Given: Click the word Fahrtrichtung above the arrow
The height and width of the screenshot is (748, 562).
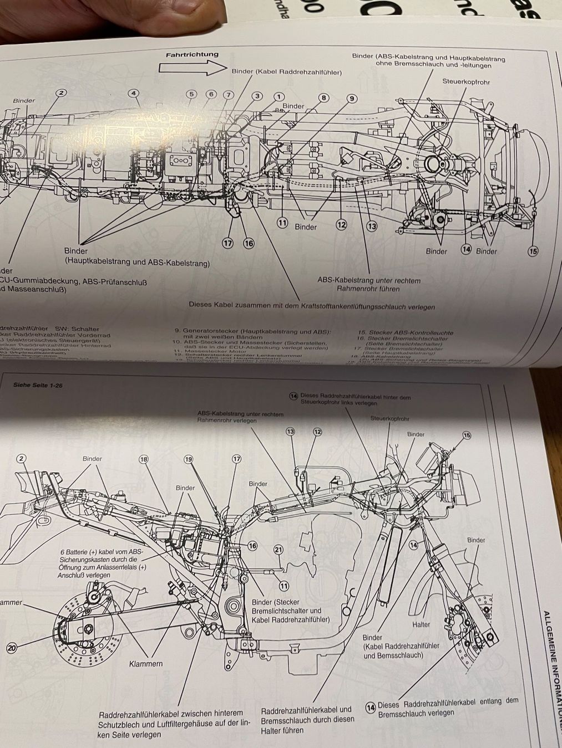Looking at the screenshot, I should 192,55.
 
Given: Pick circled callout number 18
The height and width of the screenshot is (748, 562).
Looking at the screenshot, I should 144,459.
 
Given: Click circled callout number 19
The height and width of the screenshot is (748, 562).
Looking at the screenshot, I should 189,459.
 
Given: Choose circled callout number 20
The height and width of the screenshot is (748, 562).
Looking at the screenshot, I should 12,647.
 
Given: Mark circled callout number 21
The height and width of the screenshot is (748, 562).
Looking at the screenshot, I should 279,549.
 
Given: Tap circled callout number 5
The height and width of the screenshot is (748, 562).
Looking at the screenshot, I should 191,94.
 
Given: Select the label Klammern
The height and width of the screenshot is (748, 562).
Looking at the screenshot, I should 146,663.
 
